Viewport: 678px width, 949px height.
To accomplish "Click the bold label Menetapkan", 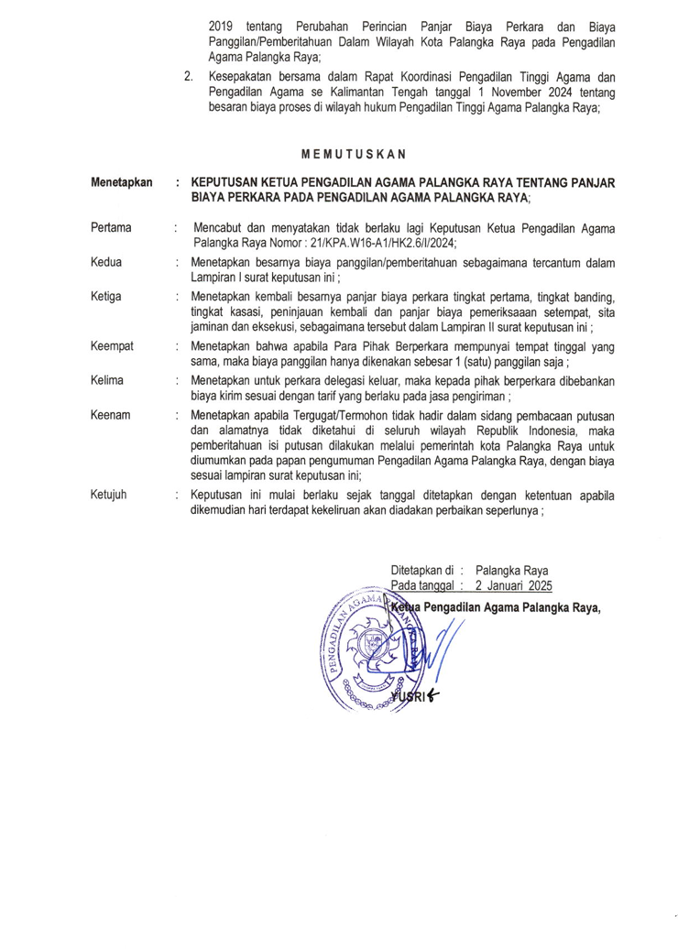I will point(121,183).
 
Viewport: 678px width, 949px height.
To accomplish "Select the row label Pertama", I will point(111,227).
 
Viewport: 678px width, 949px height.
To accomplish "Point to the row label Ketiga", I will point(106,297).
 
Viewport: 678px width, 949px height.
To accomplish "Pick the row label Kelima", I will point(109,380).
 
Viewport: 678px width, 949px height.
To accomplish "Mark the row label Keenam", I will point(111,415).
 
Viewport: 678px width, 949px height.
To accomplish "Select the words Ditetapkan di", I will point(422,568).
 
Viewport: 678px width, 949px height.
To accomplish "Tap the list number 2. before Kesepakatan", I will point(188,77).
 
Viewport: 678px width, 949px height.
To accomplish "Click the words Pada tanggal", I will point(422,584).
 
